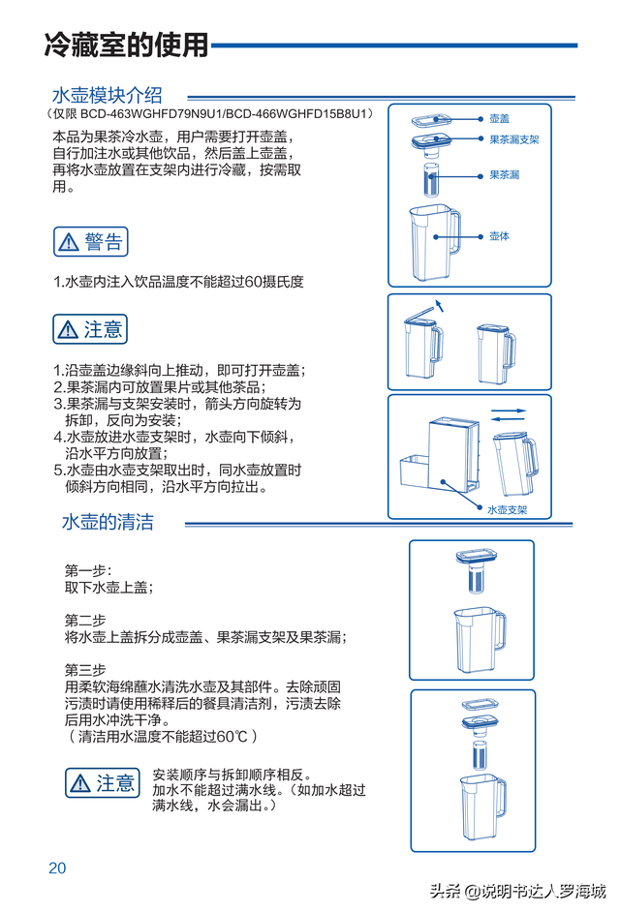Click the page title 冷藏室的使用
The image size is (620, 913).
(126, 45)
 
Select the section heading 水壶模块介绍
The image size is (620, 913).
(107, 95)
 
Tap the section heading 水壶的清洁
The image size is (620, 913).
(108, 522)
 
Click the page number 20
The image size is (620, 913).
(57, 867)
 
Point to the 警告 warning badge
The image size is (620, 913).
(91, 241)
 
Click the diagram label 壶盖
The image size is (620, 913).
(500, 117)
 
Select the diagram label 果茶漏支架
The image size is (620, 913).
(513, 140)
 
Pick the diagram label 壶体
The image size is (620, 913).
(499, 236)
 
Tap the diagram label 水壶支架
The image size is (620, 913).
(507, 509)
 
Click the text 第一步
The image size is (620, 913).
(87, 570)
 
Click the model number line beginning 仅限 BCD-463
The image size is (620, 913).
(209, 114)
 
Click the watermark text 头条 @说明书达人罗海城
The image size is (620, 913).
(518, 892)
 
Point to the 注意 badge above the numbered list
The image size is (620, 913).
(90, 329)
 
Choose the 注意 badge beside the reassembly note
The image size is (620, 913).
(103, 782)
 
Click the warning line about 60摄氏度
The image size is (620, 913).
(178, 282)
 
